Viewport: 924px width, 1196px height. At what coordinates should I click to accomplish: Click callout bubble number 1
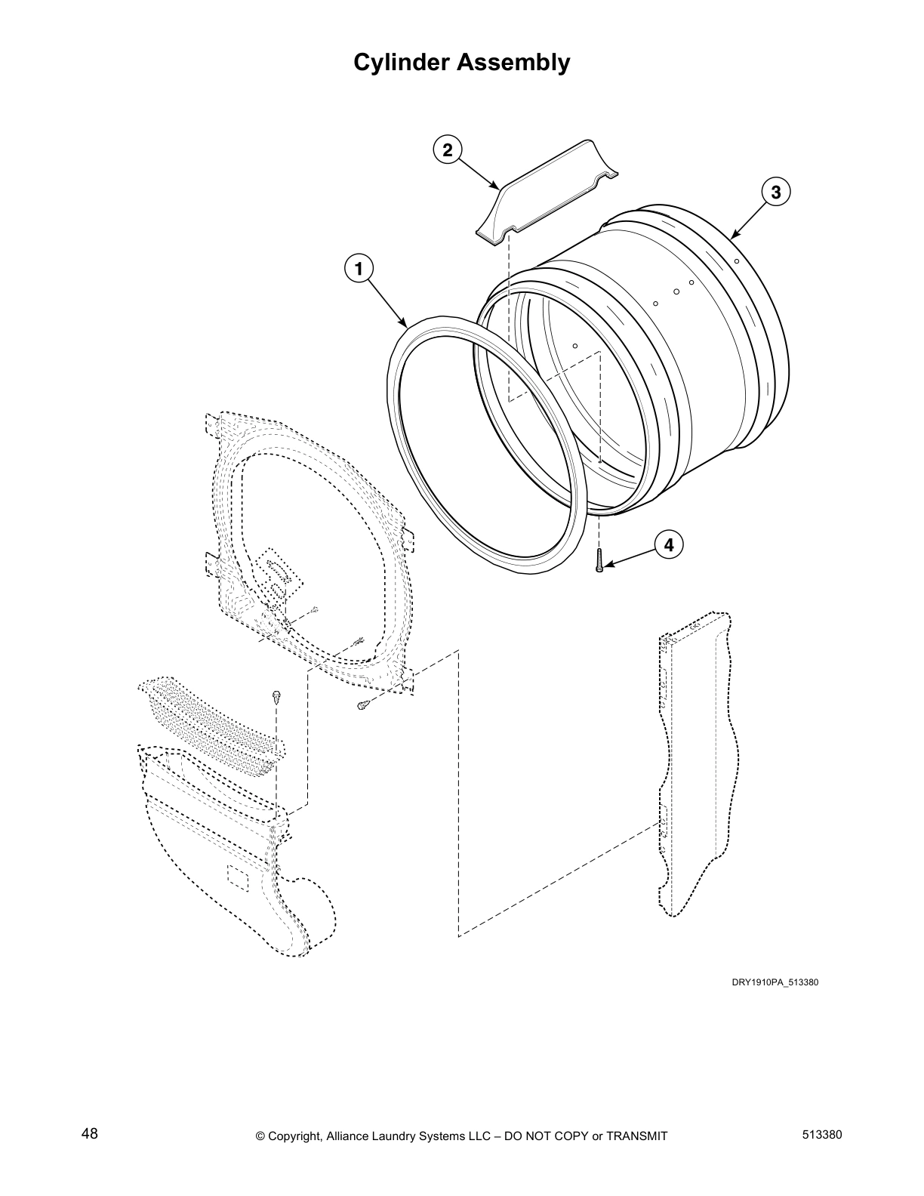(359, 268)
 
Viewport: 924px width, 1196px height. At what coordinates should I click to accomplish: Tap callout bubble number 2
(448, 149)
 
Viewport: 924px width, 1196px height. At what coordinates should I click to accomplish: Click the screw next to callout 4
(599, 562)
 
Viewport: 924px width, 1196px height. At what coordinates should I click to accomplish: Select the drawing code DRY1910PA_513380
(775, 982)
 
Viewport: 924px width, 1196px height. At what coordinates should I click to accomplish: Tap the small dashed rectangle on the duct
(238, 876)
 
